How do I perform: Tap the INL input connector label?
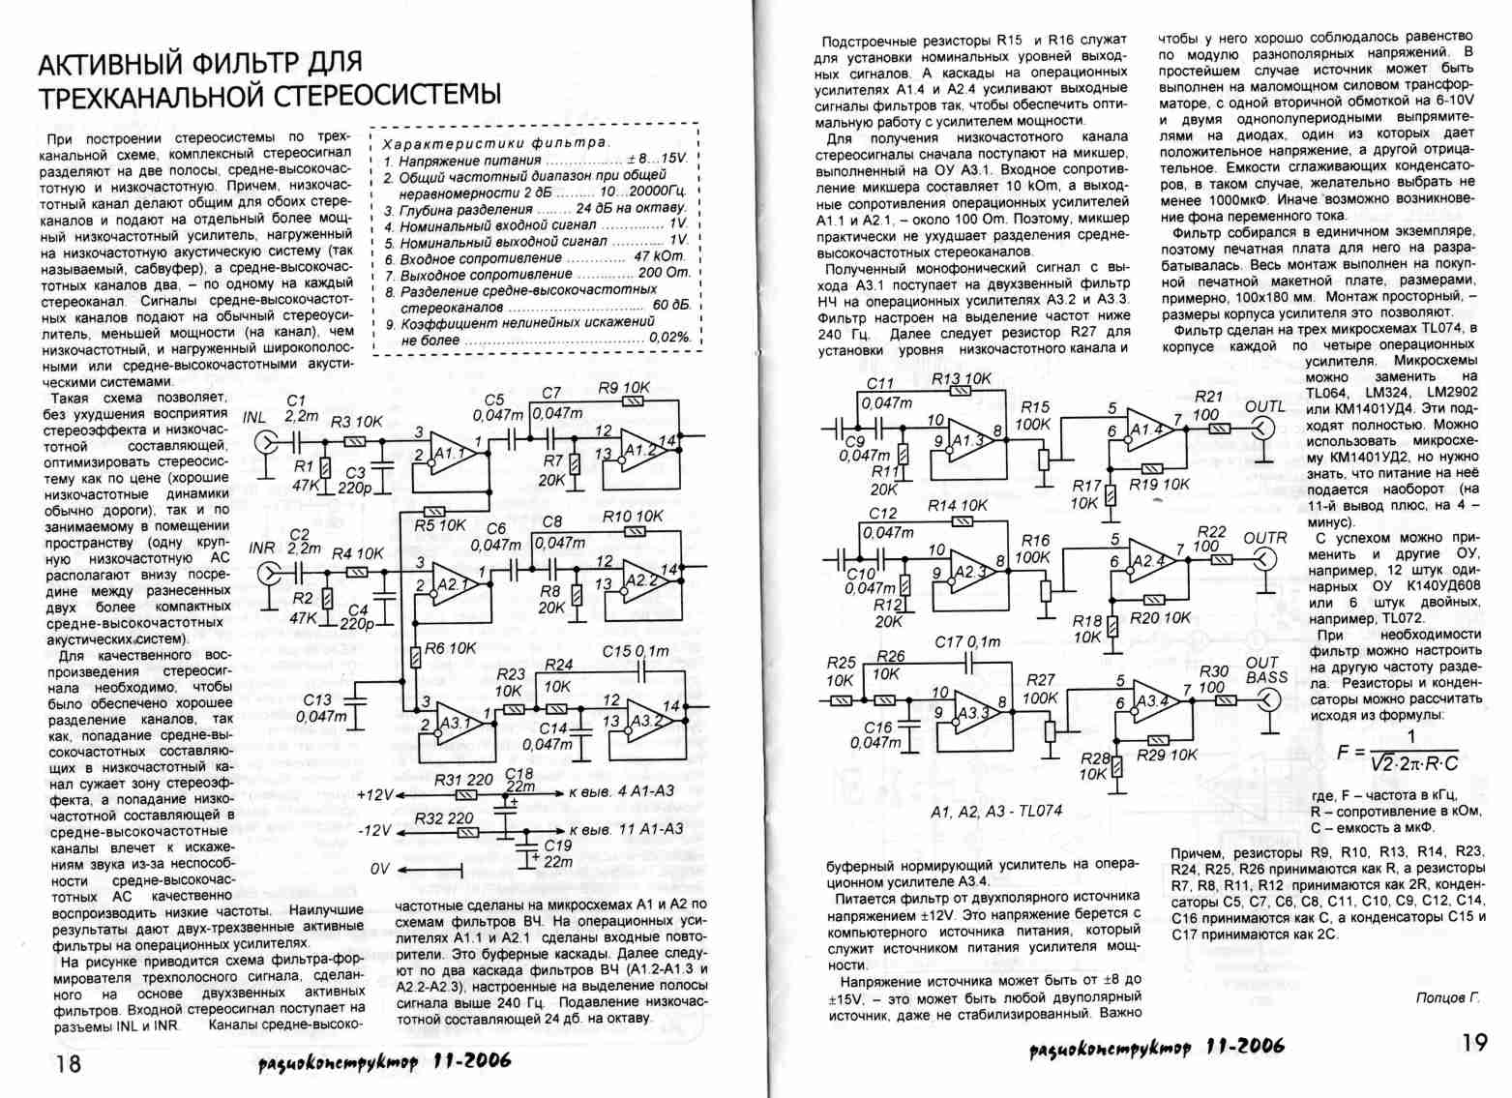click(x=254, y=418)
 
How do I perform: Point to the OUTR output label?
click(x=1264, y=538)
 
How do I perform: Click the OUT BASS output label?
click(x=1265, y=670)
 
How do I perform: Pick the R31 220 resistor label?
click(x=463, y=779)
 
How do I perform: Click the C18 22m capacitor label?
click(x=519, y=780)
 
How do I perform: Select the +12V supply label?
click(x=373, y=794)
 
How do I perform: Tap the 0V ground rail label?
click(x=380, y=870)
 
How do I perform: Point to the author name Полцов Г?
click(x=1447, y=997)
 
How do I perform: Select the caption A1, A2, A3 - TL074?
click(x=996, y=811)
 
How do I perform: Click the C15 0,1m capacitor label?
click(x=636, y=651)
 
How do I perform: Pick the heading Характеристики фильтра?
click(x=490, y=142)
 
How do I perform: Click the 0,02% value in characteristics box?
click(x=670, y=338)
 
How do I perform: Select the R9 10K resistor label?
click(x=623, y=388)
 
